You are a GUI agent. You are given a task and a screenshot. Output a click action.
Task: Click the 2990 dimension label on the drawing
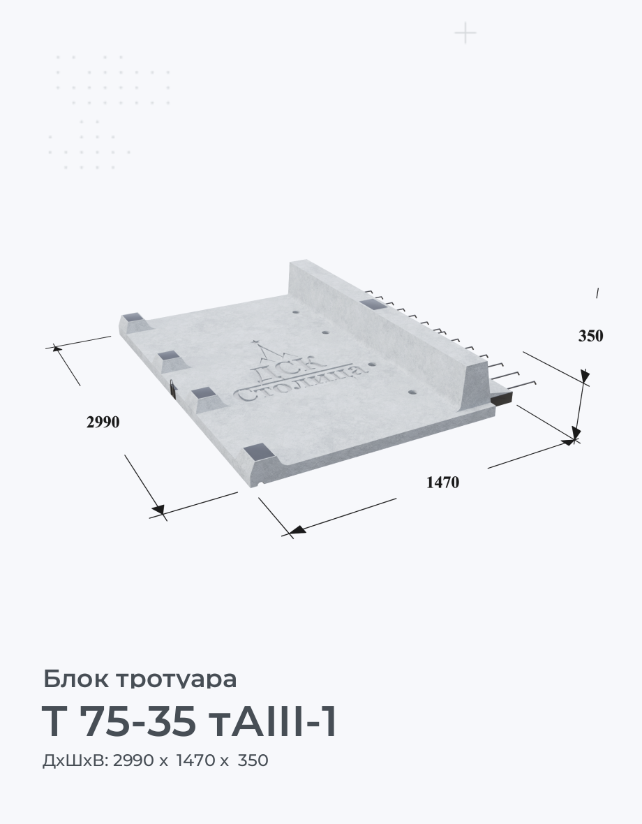(x=103, y=422)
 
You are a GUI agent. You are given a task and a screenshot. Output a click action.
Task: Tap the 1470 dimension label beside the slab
(x=442, y=482)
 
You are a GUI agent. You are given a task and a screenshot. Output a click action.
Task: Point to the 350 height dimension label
(x=590, y=336)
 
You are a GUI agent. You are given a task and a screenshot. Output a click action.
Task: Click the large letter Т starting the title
(x=53, y=722)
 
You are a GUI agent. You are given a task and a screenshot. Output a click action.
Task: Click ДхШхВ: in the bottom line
(x=75, y=760)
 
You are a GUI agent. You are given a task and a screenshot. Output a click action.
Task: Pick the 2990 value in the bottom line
(x=133, y=760)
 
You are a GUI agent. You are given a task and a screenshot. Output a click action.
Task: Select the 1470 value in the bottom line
(x=196, y=760)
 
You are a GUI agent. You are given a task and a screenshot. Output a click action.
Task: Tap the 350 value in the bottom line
(x=253, y=760)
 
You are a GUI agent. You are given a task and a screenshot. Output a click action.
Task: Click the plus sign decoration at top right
(x=465, y=34)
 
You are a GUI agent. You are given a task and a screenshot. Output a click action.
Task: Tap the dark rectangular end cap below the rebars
(x=501, y=398)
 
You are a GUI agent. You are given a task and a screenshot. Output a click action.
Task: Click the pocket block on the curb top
(x=374, y=304)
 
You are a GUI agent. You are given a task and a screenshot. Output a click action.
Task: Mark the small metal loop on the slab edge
(x=172, y=387)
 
